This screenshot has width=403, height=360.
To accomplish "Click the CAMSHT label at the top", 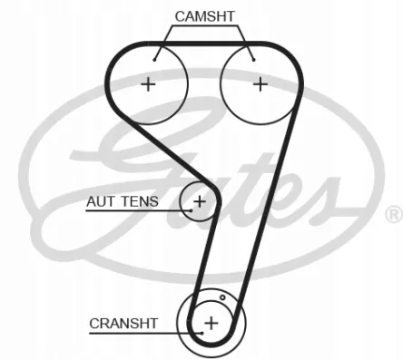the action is (205, 16).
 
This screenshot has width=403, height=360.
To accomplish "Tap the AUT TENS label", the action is (123, 201).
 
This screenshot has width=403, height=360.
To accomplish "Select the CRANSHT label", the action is (123, 324).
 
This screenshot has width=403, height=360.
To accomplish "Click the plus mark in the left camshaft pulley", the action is (148, 84).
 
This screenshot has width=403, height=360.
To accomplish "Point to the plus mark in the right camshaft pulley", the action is (260, 84).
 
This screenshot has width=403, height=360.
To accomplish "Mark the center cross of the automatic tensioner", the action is (200, 201).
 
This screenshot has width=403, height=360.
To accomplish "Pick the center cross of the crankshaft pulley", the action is (211, 323).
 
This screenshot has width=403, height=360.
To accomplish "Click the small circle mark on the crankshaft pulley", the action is (222, 297).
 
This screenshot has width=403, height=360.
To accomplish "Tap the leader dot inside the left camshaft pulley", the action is (154, 60).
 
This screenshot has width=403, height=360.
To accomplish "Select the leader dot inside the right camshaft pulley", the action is (254, 60).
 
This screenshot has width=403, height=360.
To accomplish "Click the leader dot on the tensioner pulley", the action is (192, 210).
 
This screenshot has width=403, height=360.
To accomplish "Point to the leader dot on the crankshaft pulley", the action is (202, 333).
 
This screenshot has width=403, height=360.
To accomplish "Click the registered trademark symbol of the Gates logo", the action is (394, 214).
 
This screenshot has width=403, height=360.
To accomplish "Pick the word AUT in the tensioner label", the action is (101, 201).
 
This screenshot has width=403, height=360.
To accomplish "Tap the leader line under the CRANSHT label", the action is (146, 334).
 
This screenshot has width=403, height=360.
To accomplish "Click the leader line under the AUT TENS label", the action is (138, 210).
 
